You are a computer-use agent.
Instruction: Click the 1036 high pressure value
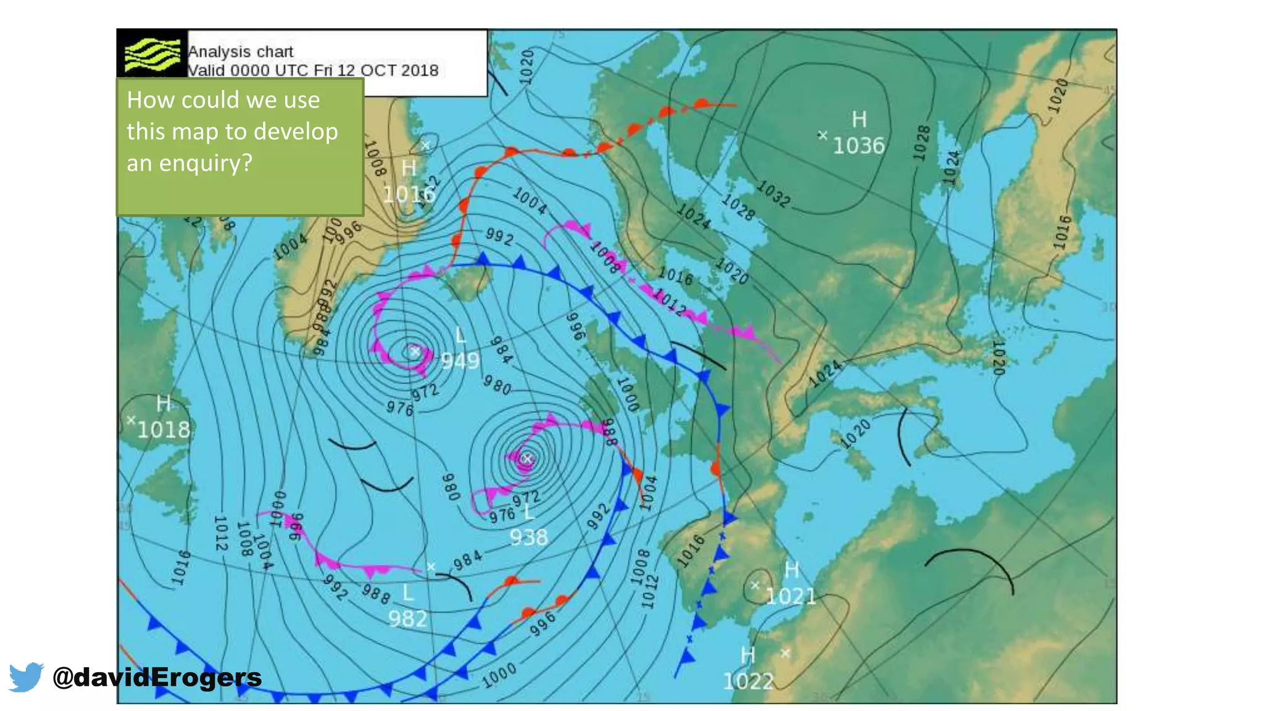pyautogui.click(x=859, y=146)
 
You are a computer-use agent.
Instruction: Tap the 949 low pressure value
pyautogui.click(x=460, y=360)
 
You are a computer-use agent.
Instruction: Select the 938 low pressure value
pyautogui.click(x=529, y=537)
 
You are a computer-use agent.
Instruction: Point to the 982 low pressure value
pyautogui.click(x=408, y=618)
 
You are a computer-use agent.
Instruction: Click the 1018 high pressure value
pyautogui.click(x=164, y=430)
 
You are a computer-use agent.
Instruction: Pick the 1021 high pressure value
pyautogui.click(x=791, y=596)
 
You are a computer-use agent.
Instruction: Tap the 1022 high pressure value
pyautogui.click(x=748, y=681)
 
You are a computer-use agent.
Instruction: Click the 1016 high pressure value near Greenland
pyautogui.click(x=409, y=194)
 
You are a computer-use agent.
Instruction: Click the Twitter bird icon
pyautogui.click(x=26, y=677)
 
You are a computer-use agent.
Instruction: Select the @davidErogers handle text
pyautogui.click(x=157, y=677)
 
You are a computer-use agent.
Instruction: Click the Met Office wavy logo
pyautogui.click(x=152, y=54)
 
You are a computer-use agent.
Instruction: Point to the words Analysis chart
pyautogui.click(x=241, y=52)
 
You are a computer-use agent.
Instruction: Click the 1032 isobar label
pyautogui.click(x=774, y=194)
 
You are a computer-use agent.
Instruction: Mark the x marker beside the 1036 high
pyautogui.click(x=823, y=135)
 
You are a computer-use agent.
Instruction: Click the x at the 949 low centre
pyautogui.click(x=415, y=351)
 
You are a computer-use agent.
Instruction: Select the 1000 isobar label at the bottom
pyautogui.click(x=499, y=676)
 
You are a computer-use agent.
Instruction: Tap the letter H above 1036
pyautogui.click(x=859, y=119)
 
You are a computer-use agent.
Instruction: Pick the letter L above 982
pyautogui.click(x=408, y=593)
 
